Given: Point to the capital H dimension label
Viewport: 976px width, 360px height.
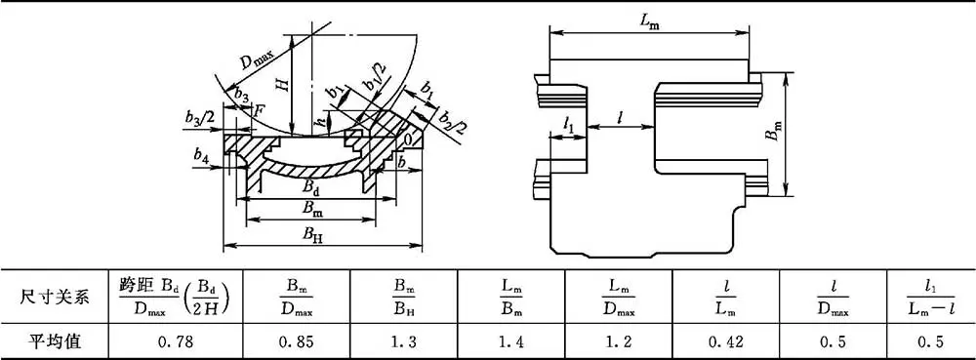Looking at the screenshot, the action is point(284,83).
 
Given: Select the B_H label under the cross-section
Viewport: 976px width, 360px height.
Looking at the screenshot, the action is point(312,234).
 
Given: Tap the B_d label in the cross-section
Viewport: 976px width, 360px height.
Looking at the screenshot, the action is point(313,186).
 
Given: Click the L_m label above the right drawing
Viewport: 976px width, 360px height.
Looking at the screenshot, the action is point(650,20).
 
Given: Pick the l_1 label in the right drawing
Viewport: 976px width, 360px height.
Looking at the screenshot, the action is point(568,125).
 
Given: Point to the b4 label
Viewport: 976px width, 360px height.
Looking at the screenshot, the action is point(201,157).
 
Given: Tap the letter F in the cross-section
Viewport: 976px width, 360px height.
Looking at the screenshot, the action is point(259,110).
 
